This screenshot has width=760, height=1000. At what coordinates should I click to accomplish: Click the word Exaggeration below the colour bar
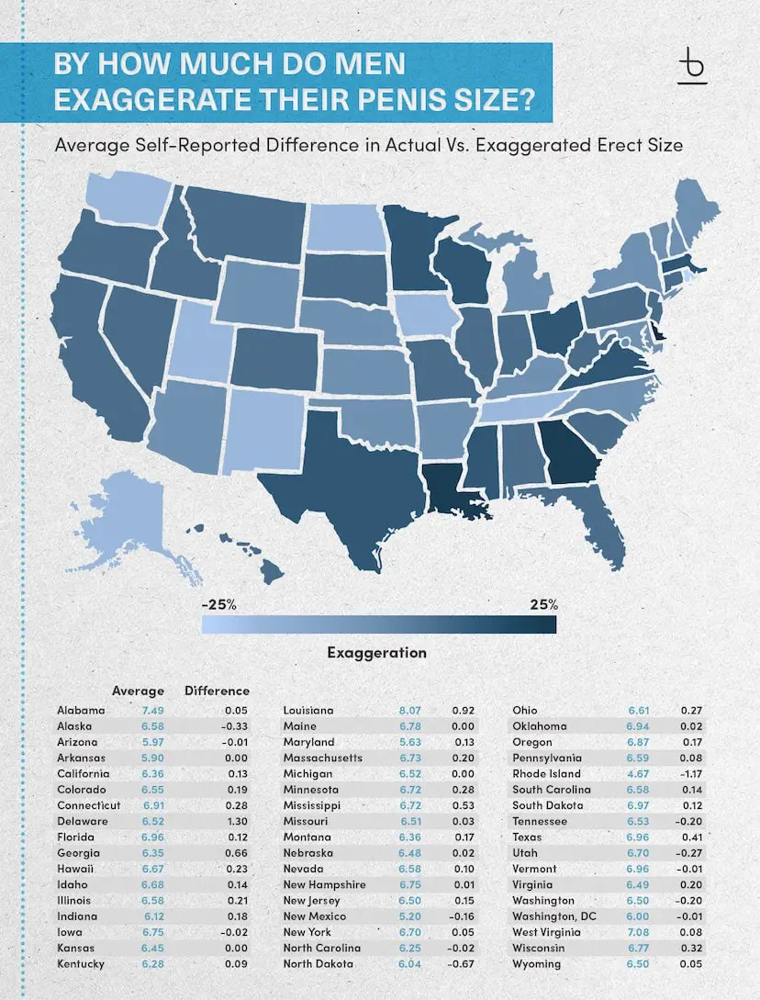tap(376, 653)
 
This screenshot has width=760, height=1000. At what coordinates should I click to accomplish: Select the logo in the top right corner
tap(692, 65)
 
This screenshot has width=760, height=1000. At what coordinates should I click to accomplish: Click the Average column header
tap(138, 691)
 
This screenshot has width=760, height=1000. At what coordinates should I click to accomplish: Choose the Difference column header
tap(217, 691)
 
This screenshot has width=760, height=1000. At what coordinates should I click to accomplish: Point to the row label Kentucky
tap(80, 964)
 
